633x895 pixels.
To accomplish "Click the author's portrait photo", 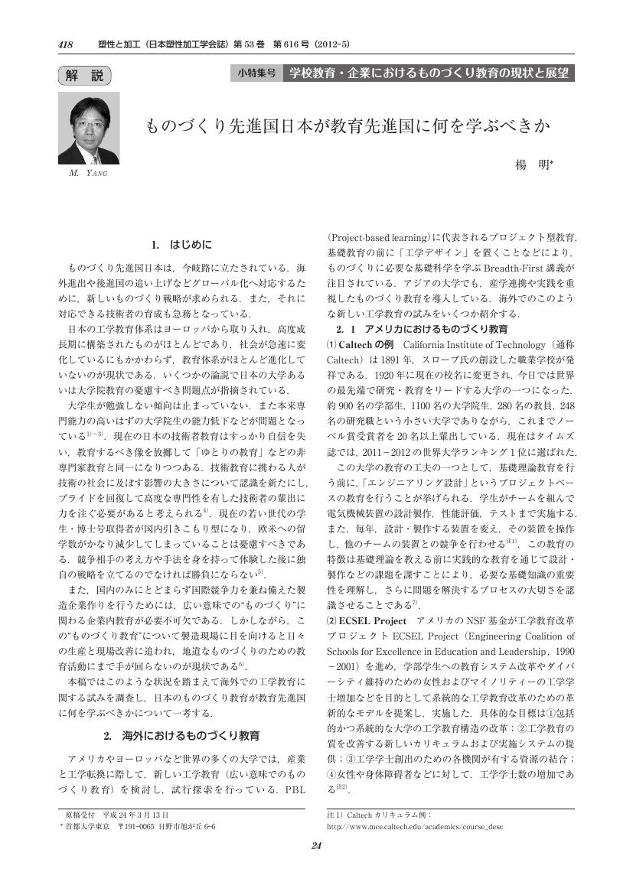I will coord(83,129).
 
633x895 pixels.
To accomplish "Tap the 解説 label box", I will coord(84,75).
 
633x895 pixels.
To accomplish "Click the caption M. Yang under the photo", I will coord(84,174).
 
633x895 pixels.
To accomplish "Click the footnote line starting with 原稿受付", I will coord(116,815).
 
